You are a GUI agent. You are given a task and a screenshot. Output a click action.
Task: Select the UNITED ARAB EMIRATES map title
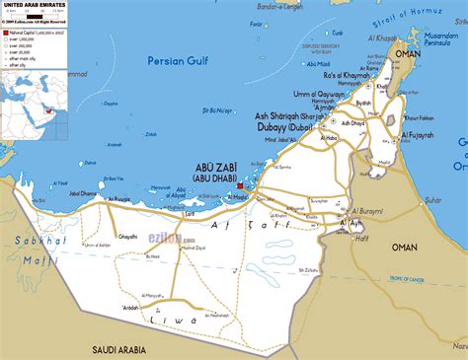pos(34,5)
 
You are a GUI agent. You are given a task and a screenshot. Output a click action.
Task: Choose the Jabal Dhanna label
pos(83,194)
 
